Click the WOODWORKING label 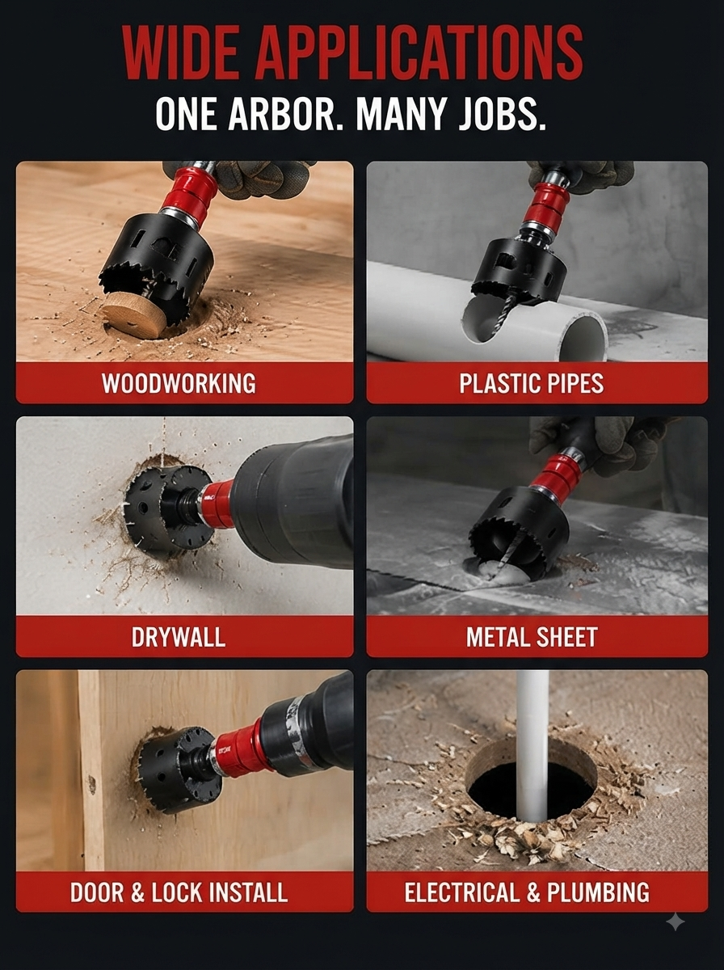179,382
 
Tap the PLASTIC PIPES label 532,382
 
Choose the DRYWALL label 179,637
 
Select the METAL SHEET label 532,637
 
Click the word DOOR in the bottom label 97,892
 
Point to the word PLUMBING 599,892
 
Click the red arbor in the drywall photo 217,504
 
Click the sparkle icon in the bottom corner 676,922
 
